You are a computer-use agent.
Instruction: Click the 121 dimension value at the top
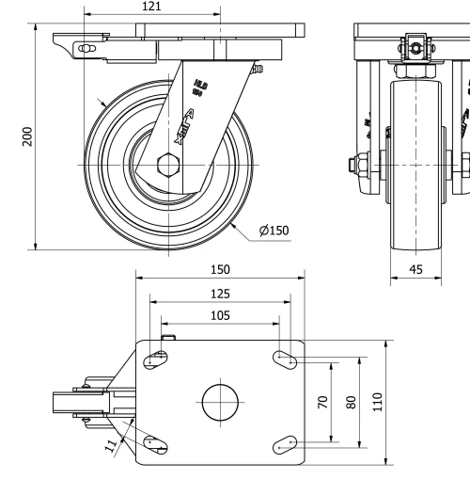(151, 7)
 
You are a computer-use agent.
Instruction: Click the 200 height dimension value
(27, 137)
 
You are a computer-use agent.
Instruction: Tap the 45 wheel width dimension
(415, 269)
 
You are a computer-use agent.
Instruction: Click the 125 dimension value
(219, 293)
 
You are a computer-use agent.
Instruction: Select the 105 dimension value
(219, 316)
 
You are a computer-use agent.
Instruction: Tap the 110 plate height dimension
(378, 402)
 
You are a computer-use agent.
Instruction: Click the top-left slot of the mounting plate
(156, 357)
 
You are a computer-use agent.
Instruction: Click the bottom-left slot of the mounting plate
(156, 442)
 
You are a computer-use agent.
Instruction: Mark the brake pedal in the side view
(75, 47)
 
